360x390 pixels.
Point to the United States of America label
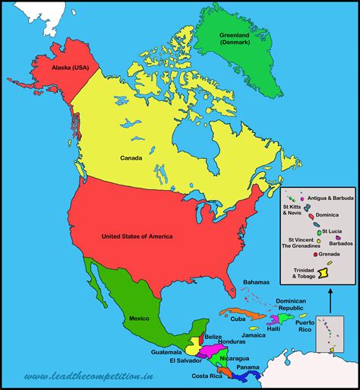click(x=137, y=236)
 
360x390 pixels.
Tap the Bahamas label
click(x=256, y=282)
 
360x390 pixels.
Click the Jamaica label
click(x=254, y=335)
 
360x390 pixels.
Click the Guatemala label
click(x=167, y=353)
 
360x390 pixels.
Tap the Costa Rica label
click(x=207, y=376)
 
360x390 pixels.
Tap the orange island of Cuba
click(x=232, y=311)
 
